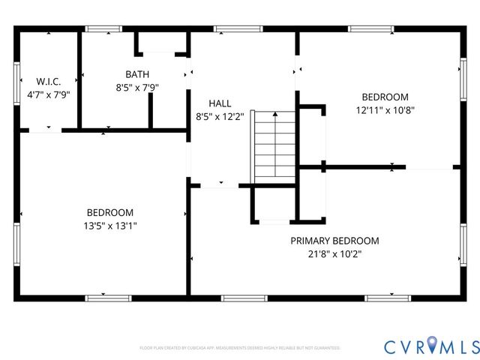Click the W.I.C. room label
click(x=47, y=81)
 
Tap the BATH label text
click(x=137, y=74)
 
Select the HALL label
click(x=220, y=103)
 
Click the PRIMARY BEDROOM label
click(x=334, y=241)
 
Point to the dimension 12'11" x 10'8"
click(x=385, y=109)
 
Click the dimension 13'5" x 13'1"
click(x=109, y=225)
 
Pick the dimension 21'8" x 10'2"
click(x=334, y=253)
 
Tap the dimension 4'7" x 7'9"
click(x=47, y=94)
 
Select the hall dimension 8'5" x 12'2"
click(x=220, y=116)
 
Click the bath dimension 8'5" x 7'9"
click(x=137, y=87)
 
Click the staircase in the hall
click(x=275, y=145)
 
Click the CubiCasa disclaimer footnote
click(x=240, y=348)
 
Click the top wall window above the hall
click(x=238, y=29)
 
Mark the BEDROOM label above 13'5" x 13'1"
click(x=109, y=212)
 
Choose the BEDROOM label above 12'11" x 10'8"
click(x=385, y=97)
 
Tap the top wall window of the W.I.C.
click(x=103, y=29)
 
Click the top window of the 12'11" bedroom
click(x=371, y=29)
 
